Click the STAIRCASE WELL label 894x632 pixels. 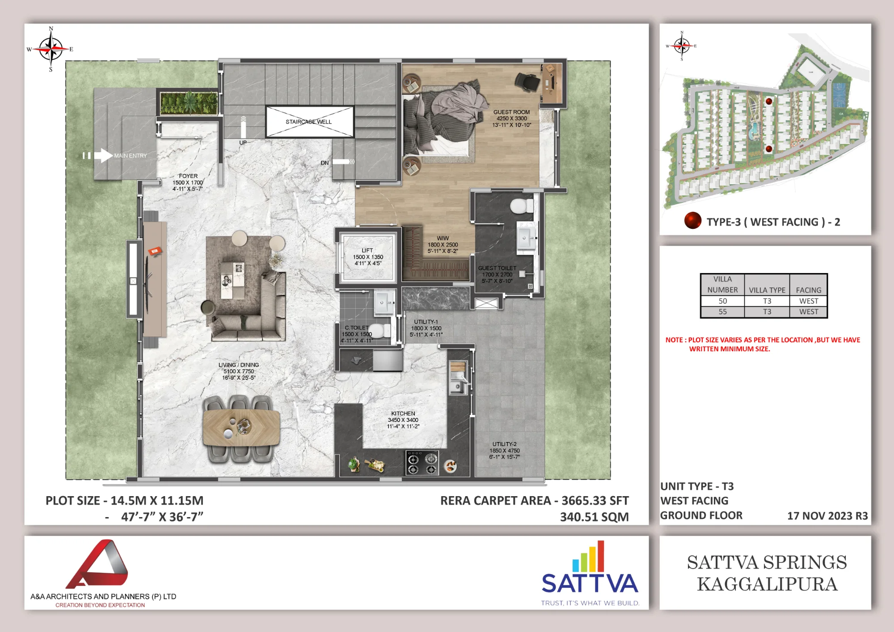click(308, 122)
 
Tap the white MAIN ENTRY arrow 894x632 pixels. click(103, 156)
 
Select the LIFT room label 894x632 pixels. click(367, 251)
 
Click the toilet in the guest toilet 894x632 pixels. click(521, 206)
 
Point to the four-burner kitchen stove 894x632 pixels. click(422, 463)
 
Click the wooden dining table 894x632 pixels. click(241, 428)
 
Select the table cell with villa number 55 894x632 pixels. click(722, 312)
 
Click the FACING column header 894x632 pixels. click(809, 290)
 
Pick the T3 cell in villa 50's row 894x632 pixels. click(767, 301)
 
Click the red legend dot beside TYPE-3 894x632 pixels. click(692, 220)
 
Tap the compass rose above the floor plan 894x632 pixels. click(51, 49)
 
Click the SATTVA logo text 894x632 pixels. click(590, 583)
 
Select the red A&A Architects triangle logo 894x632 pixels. click(98, 564)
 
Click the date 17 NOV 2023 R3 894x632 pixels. click(827, 516)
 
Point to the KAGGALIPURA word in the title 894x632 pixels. click(767, 584)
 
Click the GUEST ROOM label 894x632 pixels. click(511, 112)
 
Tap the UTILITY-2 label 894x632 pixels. click(505, 444)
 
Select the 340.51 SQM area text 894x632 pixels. click(595, 517)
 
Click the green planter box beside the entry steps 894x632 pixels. click(189, 103)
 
